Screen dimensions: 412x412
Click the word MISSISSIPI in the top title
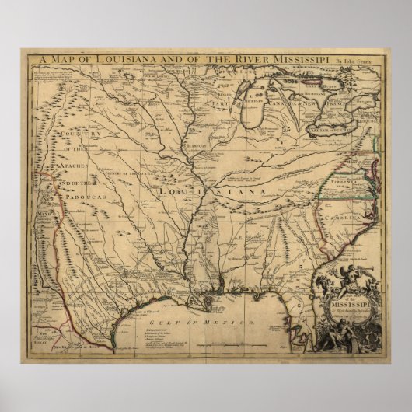tap(293, 57)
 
